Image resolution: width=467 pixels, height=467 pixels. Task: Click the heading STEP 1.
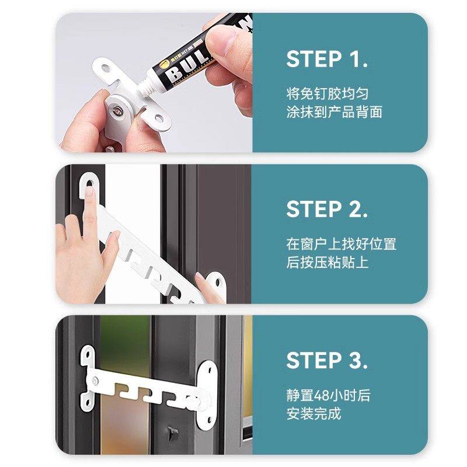point(327,59)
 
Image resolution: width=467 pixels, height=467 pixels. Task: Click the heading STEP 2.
point(327,210)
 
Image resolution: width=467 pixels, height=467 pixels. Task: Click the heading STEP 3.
point(327,361)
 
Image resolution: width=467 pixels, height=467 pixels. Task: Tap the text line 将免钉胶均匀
point(327,93)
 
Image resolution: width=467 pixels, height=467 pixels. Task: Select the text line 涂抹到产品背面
point(334,112)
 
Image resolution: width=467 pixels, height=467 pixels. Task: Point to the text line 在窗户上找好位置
point(341,244)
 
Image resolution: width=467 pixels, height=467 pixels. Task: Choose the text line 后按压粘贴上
point(327,262)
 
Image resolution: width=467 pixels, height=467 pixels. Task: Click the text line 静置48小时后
point(328,396)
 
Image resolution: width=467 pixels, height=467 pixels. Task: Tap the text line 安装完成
point(313,414)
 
